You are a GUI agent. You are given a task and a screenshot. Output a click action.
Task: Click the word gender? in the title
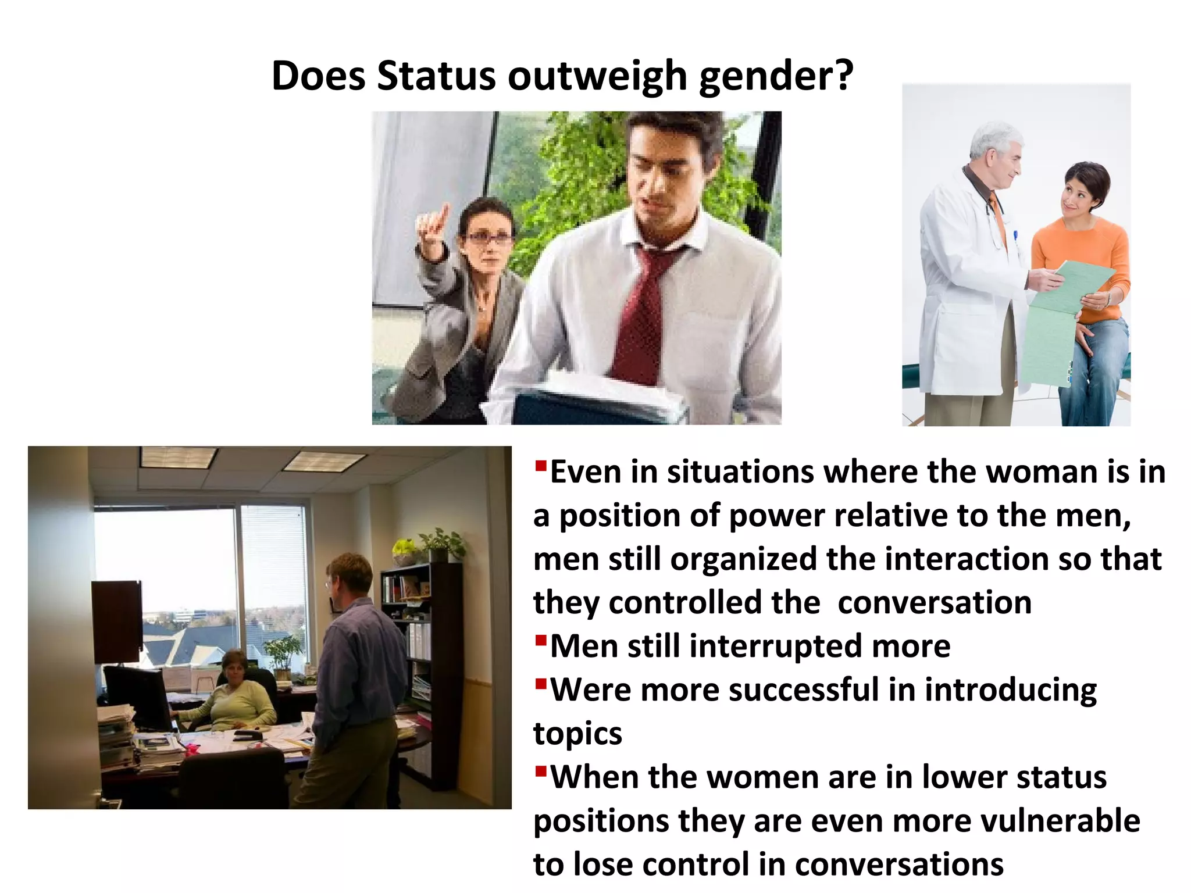point(776,77)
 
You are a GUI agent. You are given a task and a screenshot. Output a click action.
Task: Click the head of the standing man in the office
point(349,576)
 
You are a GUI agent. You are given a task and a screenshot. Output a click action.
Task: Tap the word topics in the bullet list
point(577,734)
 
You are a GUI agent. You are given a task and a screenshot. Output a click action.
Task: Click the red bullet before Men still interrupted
point(541,640)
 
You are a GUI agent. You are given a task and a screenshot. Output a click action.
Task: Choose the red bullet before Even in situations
point(541,465)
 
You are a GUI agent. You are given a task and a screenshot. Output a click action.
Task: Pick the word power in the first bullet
point(768,516)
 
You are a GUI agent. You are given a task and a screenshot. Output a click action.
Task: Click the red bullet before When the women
point(541,771)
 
